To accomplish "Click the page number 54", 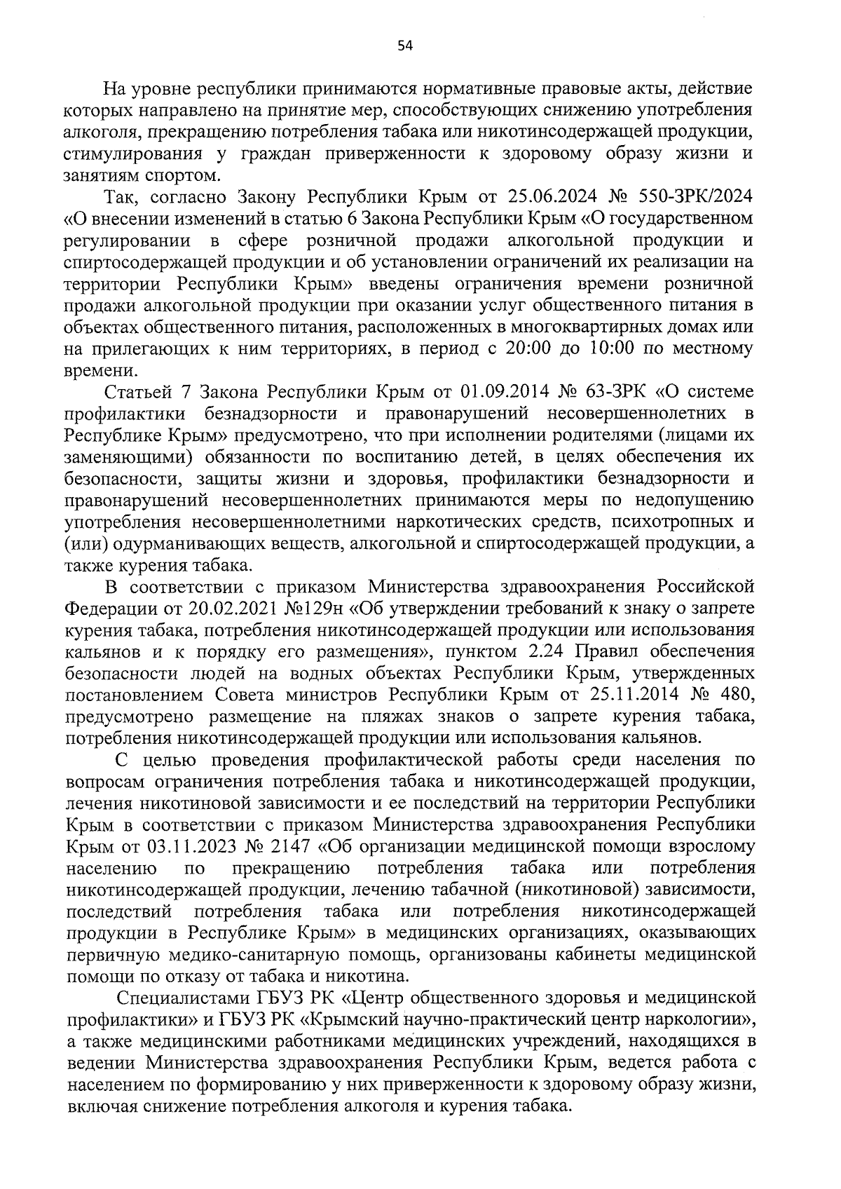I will pos(405,46).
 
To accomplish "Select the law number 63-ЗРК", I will pos(620,390).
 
